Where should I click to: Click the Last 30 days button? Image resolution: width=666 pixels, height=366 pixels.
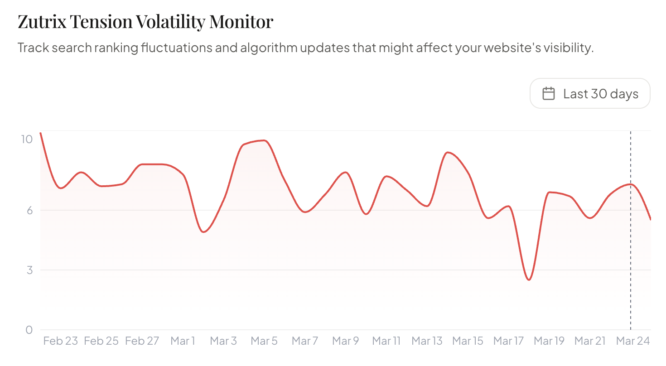tap(590, 94)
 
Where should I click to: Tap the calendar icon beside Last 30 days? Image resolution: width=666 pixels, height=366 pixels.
tap(549, 94)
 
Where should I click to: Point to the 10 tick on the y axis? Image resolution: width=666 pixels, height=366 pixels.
tap(27, 139)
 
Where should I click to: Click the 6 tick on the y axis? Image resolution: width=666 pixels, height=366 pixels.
tap(29, 210)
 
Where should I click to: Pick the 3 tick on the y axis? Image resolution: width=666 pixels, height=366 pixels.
tap(29, 270)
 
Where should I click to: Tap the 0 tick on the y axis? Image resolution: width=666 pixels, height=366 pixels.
tap(29, 330)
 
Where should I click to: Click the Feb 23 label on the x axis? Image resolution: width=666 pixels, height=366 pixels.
tap(61, 341)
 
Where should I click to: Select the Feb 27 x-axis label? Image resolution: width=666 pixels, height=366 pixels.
tap(142, 341)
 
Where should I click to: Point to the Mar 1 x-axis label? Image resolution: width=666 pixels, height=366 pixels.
tap(183, 341)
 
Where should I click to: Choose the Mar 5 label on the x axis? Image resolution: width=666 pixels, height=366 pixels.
tap(264, 341)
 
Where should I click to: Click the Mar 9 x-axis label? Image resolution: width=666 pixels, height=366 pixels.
tap(346, 341)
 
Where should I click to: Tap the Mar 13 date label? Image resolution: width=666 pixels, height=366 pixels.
tap(427, 341)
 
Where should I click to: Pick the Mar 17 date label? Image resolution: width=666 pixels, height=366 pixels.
tap(508, 341)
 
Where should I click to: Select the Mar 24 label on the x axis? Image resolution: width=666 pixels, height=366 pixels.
tap(632, 341)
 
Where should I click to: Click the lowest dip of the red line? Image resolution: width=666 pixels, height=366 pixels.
tap(529, 280)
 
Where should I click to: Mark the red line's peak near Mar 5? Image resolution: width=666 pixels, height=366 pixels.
tap(264, 140)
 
